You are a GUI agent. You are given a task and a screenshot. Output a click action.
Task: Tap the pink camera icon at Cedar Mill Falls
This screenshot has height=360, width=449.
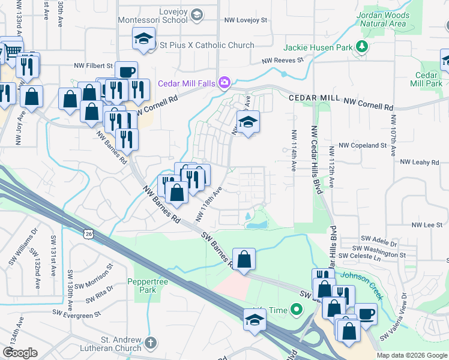pyautogui.click(x=224, y=82)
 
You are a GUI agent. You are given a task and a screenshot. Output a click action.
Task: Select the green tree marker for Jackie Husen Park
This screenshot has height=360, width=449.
pyautogui.click(x=361, y=47)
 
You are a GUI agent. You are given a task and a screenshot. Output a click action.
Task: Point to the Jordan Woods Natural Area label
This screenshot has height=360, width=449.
pyautogui.click(x=383, y=19)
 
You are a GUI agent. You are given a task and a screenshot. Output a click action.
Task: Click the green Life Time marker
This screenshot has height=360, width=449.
pyautogui.click(x=295, y=310)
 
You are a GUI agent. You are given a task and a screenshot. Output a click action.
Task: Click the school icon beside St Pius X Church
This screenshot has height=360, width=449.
pyautogui.click(x=143, y=39)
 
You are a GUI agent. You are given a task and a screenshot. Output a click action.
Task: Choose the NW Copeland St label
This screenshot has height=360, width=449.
pyautogui.click(x=362, y=145)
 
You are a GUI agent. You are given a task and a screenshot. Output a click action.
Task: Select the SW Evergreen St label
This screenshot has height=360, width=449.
pyautogui.click(x=76, y=313)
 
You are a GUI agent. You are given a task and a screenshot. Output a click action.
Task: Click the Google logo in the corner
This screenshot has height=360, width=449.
pyautogui.click(x=20, y=353)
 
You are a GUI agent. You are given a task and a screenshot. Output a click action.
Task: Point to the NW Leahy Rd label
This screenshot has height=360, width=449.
pyautogui.click(x=420, y=161)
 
